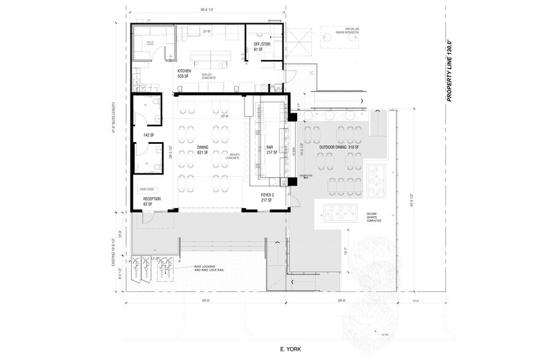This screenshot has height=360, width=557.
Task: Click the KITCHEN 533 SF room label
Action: [184, 74]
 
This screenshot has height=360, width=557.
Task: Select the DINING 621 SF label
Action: [203, 150]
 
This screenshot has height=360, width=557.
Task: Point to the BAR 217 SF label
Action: [270, 150]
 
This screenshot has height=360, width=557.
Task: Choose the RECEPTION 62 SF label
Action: [152, 201]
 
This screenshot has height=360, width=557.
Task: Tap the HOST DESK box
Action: [148, 190]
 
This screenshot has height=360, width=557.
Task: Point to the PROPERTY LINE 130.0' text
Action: [450, 70]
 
